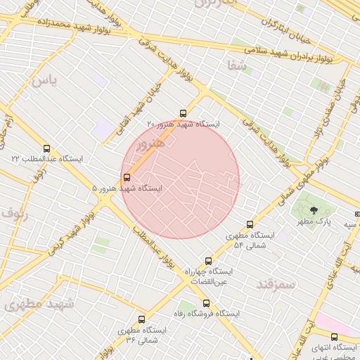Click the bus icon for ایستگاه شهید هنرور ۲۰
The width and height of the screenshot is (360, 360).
184,113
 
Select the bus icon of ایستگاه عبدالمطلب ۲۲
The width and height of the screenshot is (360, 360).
47,148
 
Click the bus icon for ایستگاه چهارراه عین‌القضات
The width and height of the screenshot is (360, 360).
207,261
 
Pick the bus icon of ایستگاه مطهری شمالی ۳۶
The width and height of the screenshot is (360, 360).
142,319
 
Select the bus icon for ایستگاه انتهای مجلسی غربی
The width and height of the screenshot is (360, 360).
334,337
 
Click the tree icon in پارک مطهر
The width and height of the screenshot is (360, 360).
314,210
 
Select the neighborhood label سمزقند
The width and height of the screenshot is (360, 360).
276,283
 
